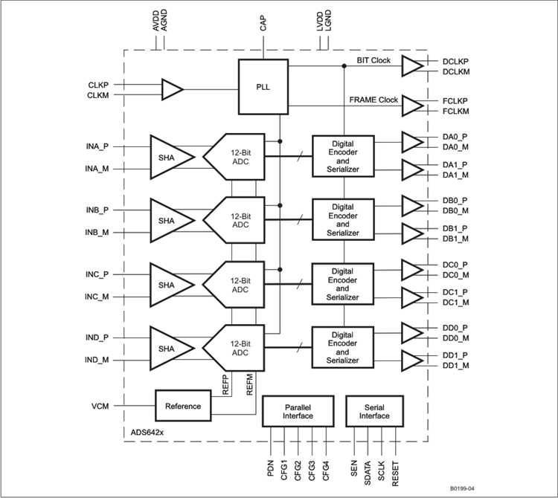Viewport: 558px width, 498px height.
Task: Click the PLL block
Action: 263,87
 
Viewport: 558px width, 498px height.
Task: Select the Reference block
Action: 183,406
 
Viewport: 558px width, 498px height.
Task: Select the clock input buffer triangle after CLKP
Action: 172,90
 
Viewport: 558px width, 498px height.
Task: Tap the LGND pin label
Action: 327,22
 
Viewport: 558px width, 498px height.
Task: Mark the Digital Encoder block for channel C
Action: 343,283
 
